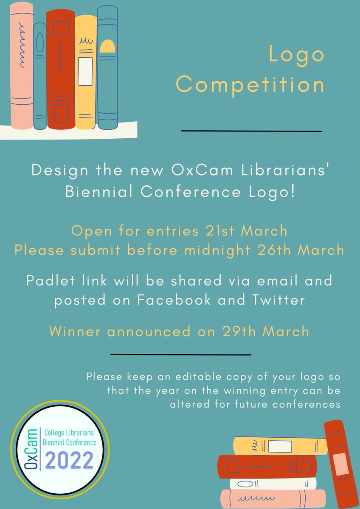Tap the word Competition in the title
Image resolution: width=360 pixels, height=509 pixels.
point(250,84)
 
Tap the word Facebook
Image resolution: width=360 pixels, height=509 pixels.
point(174,300)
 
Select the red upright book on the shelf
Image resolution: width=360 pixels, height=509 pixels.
point(60,70)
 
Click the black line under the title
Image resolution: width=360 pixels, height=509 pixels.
point(251,131)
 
